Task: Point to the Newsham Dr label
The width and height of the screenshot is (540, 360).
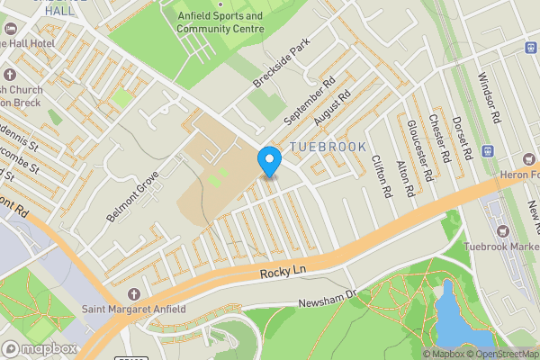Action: (x=328, y=298)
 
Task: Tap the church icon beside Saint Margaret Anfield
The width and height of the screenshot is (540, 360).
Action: (x=134, y=294)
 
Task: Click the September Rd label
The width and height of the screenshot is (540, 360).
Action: (x=309, y=99)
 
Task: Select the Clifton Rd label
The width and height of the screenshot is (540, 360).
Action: (x=382, y=175)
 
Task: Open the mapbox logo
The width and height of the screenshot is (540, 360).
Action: (x=40, y=348)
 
